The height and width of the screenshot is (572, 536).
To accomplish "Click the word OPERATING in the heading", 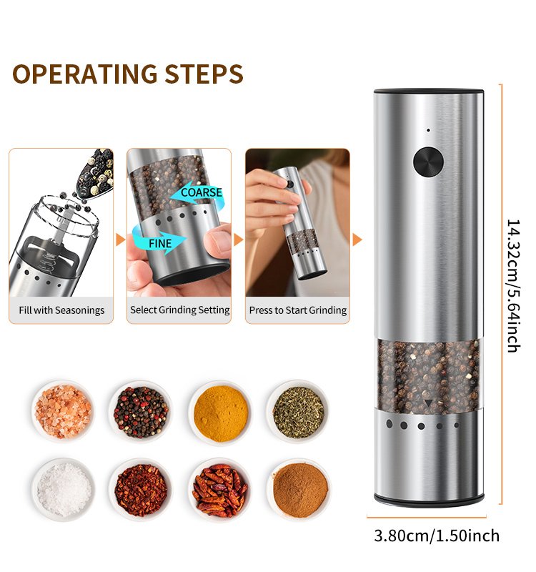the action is pos(85,74).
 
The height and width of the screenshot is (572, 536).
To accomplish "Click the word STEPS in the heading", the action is pos(204,74).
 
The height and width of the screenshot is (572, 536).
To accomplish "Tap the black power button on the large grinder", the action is pos(428,162).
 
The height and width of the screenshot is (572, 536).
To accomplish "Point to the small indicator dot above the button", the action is pos(428,130).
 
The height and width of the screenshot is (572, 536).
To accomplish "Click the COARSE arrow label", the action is pos(202,192).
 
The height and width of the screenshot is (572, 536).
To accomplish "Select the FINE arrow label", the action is pos(159,243).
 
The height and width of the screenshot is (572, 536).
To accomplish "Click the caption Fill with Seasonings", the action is pos(61,310).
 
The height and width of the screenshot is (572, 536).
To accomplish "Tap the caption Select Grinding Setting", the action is pos(180,310).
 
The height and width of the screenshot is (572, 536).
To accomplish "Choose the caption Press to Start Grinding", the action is pos(298,310).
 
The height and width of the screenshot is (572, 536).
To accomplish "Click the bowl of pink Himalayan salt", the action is pos(63,411).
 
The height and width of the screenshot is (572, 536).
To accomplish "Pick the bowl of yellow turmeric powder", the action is pos(221,413).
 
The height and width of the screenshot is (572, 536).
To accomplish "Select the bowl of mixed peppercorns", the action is pos(141,412).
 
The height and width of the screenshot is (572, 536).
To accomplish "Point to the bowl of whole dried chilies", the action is pos(220,490).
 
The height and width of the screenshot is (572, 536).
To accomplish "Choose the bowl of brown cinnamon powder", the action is pos(299,490).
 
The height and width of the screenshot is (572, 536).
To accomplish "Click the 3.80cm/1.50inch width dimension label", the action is pos(437,536).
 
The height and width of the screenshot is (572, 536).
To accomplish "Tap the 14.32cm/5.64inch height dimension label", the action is pos(513,285).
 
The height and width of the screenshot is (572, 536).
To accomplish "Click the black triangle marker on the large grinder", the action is pos(428,403).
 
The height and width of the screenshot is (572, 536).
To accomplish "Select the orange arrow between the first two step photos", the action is pos(121,240).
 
